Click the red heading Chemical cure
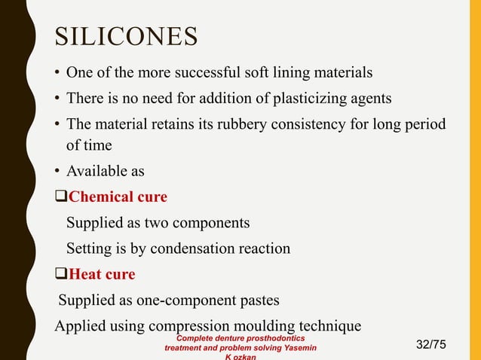pos(118,197)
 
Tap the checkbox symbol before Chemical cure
pos(61,197)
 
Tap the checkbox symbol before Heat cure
pos(61,274)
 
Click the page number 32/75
pos(431,344)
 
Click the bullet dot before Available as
pos(58,172)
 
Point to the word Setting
pos(90,248)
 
